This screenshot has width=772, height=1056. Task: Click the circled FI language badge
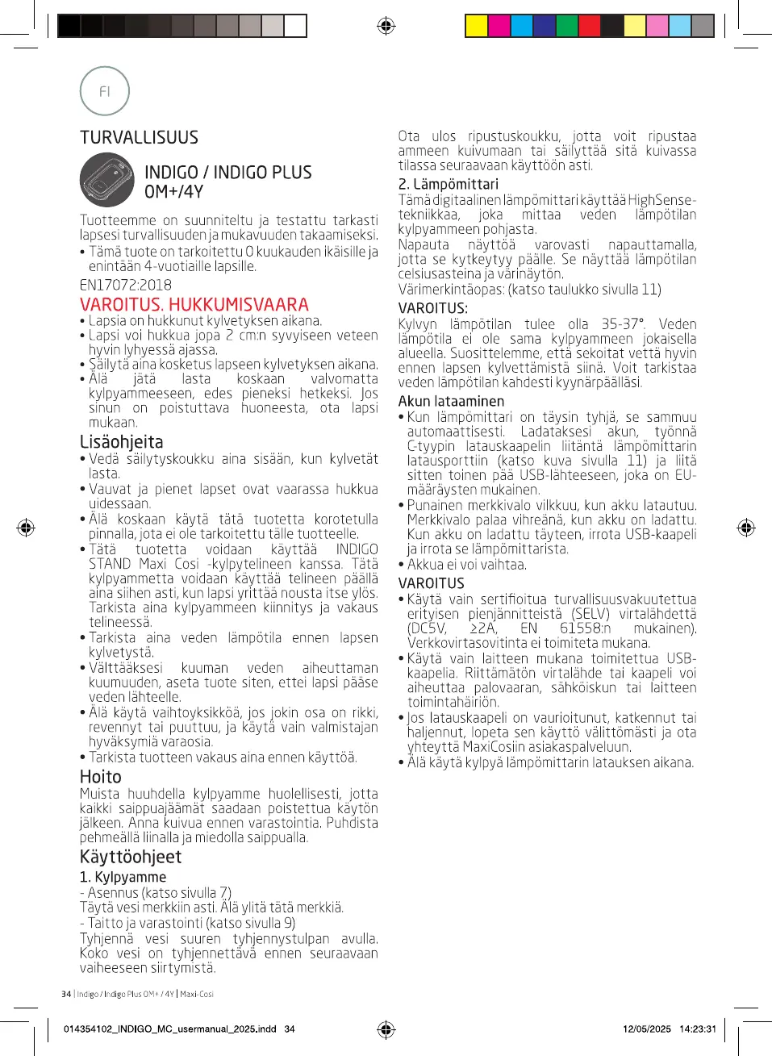(105, 91)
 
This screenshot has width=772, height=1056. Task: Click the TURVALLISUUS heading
(139, 138)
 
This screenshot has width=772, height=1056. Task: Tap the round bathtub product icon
(107, 180)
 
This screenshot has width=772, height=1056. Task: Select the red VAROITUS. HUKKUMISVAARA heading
(194, 304)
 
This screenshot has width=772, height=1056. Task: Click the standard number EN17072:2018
(125, 285)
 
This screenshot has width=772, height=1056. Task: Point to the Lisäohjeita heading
(121, 442)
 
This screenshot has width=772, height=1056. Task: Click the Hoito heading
(101, 777)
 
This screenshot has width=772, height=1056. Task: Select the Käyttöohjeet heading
(131, 857)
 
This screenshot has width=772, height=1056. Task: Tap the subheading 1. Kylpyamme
(123, 877)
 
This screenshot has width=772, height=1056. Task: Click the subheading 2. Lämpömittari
(449, 184)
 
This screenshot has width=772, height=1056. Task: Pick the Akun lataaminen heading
(451, 401)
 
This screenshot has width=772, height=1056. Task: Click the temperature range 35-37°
(623, 324)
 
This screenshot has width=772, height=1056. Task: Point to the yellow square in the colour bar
(477, 27)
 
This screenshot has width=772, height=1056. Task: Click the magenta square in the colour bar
(499, 27)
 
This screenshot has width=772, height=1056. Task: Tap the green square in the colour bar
(567, 27)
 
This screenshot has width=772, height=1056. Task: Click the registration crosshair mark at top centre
(386, 27)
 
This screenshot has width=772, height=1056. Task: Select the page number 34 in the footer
(66, 994)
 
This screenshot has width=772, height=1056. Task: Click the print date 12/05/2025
(646, 1029)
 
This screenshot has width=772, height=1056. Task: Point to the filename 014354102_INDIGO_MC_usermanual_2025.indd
(169, 1029)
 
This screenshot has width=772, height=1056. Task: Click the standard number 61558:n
(585, 628)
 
